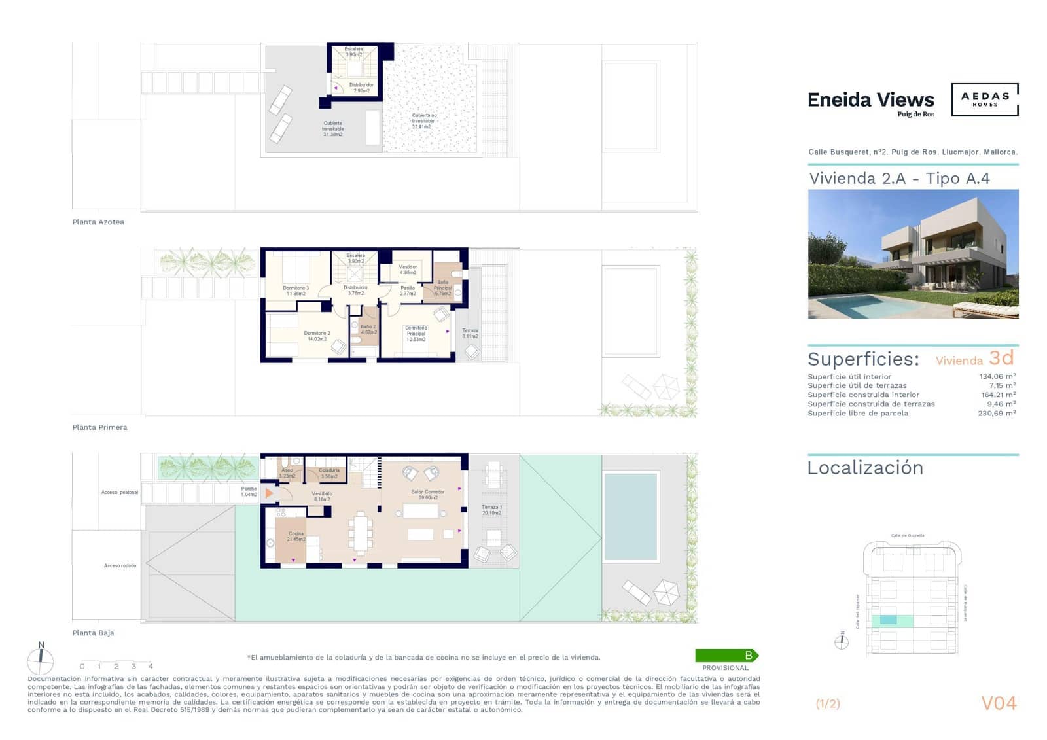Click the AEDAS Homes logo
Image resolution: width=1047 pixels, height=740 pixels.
[x=984, y=99]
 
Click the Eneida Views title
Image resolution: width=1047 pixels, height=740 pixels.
[x=870, y=100]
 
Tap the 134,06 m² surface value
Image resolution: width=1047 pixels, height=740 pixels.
[x=997, y=377]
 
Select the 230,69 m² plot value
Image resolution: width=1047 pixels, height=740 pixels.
[x=996, y=414]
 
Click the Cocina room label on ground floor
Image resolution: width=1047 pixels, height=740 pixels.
[x=296, y=537]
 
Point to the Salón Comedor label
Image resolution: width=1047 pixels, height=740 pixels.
[x=428, y=495]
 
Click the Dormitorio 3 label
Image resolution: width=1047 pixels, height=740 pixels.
[x=296, y=291]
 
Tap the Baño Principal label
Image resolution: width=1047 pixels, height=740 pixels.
[x=443, y=288]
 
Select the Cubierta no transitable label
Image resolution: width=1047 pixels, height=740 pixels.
[x=423, y=120]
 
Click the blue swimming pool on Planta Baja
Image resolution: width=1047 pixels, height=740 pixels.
[x=630, y=516]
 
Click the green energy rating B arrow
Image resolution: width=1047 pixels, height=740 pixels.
[x=726, y=656]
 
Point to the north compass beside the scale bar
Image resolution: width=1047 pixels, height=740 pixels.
[x=41, y=660]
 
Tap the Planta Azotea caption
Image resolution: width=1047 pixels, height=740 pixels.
[x=98, y=222]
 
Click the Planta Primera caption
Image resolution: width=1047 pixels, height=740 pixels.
[x=99, y=427]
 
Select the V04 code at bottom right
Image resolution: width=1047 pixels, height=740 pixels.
[x=999, y=703]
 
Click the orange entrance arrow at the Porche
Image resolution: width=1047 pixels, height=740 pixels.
[x=269, y=493]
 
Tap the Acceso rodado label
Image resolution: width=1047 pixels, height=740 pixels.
[x=120, y=566]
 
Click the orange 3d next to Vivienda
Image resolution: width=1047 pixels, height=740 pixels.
[x=1001, y=358]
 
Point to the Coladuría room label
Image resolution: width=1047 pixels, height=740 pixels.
[x=329, y=473]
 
